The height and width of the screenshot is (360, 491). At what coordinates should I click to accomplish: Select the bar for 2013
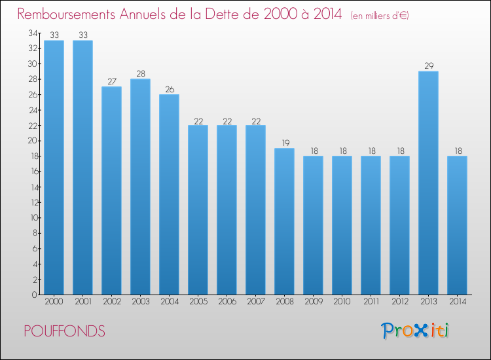pos(428,183)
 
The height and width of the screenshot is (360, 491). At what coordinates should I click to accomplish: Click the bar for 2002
pos(111,190)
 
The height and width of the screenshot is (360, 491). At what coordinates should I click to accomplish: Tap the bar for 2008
pos(284,221)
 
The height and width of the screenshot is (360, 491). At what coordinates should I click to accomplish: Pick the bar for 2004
pos(169,194)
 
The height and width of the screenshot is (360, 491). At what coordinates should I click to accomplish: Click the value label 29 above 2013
pos(429,65)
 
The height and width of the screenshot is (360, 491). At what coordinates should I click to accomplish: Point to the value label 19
pos(285,143)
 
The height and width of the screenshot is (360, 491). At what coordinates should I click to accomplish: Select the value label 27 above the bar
pos(112,81)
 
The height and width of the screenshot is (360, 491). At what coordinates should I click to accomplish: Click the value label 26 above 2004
pos(170,89)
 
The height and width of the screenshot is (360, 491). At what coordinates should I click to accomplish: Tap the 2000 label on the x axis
pos(54,301)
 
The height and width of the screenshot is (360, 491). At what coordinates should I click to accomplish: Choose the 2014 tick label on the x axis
pos(458,301)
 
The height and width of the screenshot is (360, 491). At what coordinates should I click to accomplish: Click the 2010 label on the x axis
pos(342,301)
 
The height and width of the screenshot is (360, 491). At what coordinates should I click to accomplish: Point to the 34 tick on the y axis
pos(33,33)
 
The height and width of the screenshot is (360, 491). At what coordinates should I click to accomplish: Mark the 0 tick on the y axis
pos(34,295)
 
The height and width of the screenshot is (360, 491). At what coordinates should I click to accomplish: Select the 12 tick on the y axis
pos(34,202)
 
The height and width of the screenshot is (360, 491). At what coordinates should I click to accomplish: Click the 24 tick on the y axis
pos(33,110)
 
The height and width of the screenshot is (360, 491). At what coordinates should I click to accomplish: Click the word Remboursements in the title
pos(66,14)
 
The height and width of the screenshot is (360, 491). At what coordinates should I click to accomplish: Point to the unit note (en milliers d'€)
pos(380,16)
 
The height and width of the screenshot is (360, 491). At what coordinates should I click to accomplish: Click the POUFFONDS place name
pos(65,331)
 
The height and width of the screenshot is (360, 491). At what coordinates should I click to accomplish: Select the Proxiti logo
pos(415,331)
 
